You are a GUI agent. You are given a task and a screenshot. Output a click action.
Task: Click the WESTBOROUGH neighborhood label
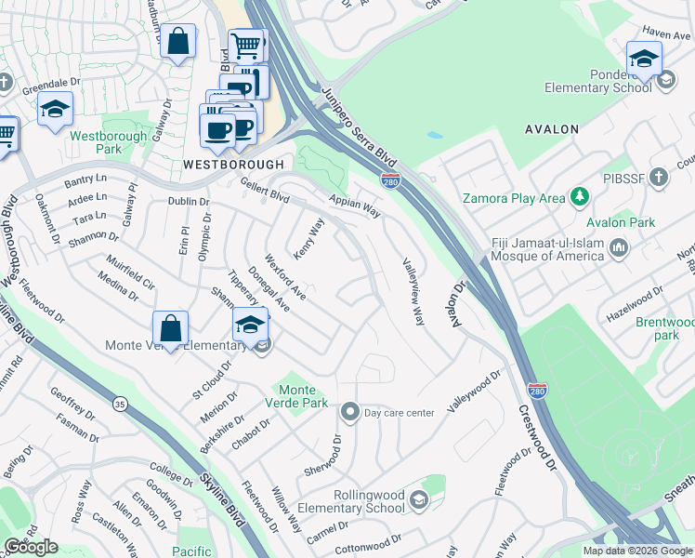(233, 164)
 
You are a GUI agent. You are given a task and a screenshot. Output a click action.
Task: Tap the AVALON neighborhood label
(551, 129)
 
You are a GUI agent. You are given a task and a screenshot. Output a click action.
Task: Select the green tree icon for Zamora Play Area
(580, 196)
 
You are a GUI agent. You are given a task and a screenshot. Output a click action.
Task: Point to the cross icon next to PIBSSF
(659, 176)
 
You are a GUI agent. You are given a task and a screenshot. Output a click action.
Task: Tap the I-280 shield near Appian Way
(390, 180)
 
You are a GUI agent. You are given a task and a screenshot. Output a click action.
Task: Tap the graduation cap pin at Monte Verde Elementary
(249, 325)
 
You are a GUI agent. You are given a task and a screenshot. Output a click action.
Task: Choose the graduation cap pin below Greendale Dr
(56, 110)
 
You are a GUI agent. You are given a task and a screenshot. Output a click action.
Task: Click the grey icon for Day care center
(349, 411)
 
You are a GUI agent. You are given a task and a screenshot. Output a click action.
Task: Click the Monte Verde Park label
(304, 396)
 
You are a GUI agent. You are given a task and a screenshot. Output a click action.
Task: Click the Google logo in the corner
(31, 547)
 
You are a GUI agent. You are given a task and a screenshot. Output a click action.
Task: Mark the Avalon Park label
(621, 222)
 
